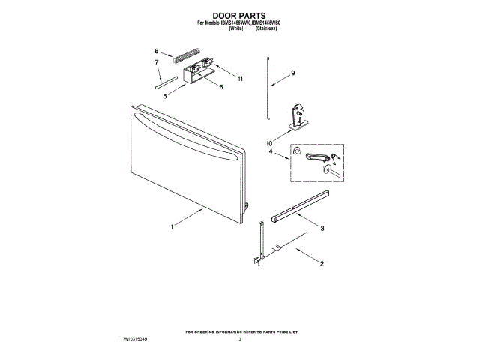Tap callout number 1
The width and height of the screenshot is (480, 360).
pos(172,226)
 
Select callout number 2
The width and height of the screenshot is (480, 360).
pos(321,264)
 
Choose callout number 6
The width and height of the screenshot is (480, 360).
pos(220,87)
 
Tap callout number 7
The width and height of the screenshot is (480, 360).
pos(157,64)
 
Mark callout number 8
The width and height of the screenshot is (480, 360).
pos(157,51)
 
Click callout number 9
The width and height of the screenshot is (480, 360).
pos(293,73)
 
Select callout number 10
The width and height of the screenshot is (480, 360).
pos(268,142)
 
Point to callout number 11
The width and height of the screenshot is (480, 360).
pos(240,78)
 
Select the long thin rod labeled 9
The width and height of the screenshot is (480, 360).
pos(267,86)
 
